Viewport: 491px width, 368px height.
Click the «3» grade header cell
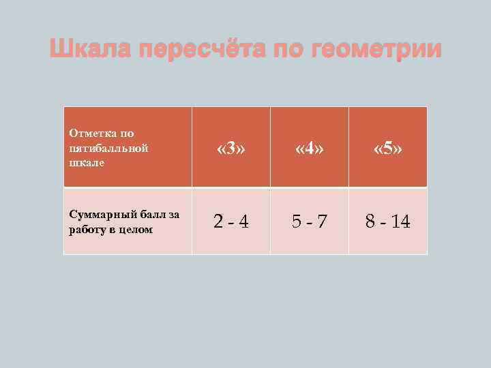[x=230, y=148]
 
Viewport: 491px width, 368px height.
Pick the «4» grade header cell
[x=309, y=148]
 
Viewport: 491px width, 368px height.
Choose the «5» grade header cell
[x=387, y=148]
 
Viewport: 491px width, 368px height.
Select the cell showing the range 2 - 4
[x=230, y=221]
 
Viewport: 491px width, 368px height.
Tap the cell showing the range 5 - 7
[x=309, y=221]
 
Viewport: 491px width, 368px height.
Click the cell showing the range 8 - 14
[x=387, y=221]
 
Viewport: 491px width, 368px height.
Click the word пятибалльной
[x=100, y=148]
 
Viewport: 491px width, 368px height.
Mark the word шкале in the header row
[x=83, y=162]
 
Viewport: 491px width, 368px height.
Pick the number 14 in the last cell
[x=400, y=221]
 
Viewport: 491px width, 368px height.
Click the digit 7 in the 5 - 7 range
[x=322, y=221]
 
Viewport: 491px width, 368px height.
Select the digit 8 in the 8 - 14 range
[x=370, y=221]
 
